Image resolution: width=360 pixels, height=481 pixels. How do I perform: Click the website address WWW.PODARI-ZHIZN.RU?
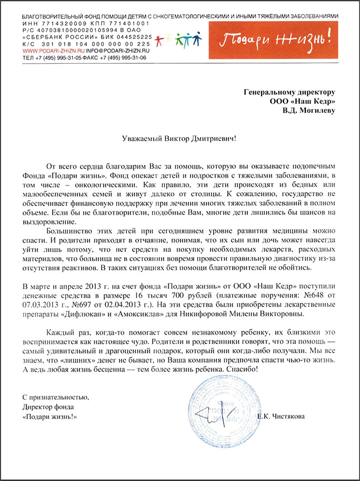(x=52, y=51)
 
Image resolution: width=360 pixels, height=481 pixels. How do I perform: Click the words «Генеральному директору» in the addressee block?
(x=289, y=92)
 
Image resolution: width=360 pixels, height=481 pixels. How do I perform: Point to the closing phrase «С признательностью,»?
(x=52, y=397)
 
